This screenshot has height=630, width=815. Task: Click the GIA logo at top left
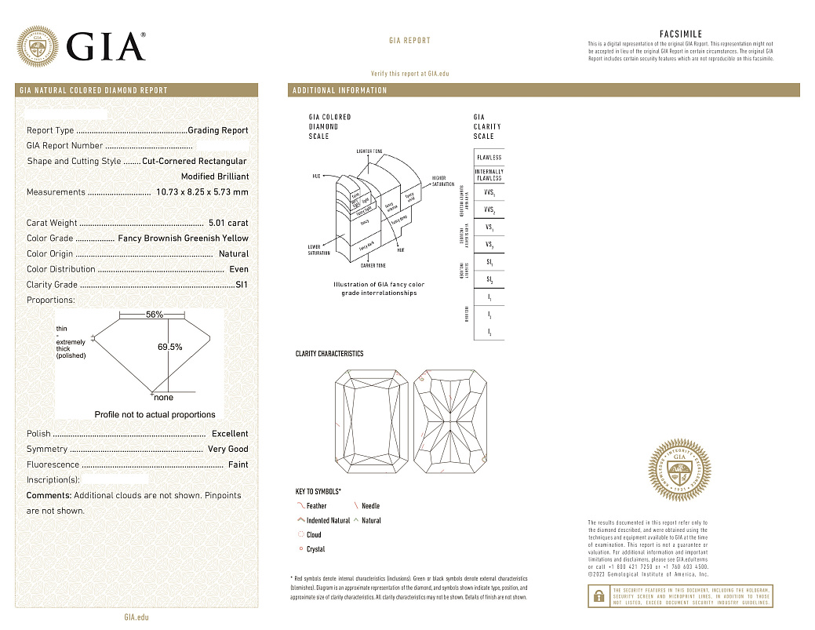pyautogui.click(x=82, y=46)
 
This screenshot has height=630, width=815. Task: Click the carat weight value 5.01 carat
pyautogui.click(x=227, y=223)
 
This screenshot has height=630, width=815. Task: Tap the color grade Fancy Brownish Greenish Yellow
pyautogui.click(x=183, y=239)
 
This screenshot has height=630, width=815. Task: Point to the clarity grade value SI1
pyautogui.click(x=242, y=285)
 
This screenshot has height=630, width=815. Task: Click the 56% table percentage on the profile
pyautogui.click(x=155, y=315)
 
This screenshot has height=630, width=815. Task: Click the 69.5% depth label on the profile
pyautogui.click(x=170, y=347)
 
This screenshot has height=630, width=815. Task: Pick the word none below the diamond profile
pyautogui.click(x=164, y=399)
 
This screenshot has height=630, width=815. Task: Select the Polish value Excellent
pyautogui.click(x=230, y=434)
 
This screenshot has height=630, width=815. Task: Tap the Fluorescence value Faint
pyautogui.click(x=238, y=464)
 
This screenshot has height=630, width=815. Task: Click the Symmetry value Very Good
pyautogui.click(x=227, y=450)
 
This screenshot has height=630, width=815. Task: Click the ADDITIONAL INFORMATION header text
pyautogui.click(x=340, y=91)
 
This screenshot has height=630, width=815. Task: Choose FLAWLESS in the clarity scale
pyautogui.click(x=489, y=158)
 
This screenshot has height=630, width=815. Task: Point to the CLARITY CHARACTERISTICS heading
pyautogui.click(x=329, y=354)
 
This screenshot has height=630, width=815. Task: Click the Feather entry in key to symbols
pyautogui.click(x=316, y=506)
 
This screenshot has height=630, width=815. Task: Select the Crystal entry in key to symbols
pyautogui.click(x=315, y=549)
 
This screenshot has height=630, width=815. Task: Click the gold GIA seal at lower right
pyautogui.click(x=680, y=471)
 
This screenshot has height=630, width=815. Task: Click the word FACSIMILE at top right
pyautogui.click(x=680, y=34)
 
